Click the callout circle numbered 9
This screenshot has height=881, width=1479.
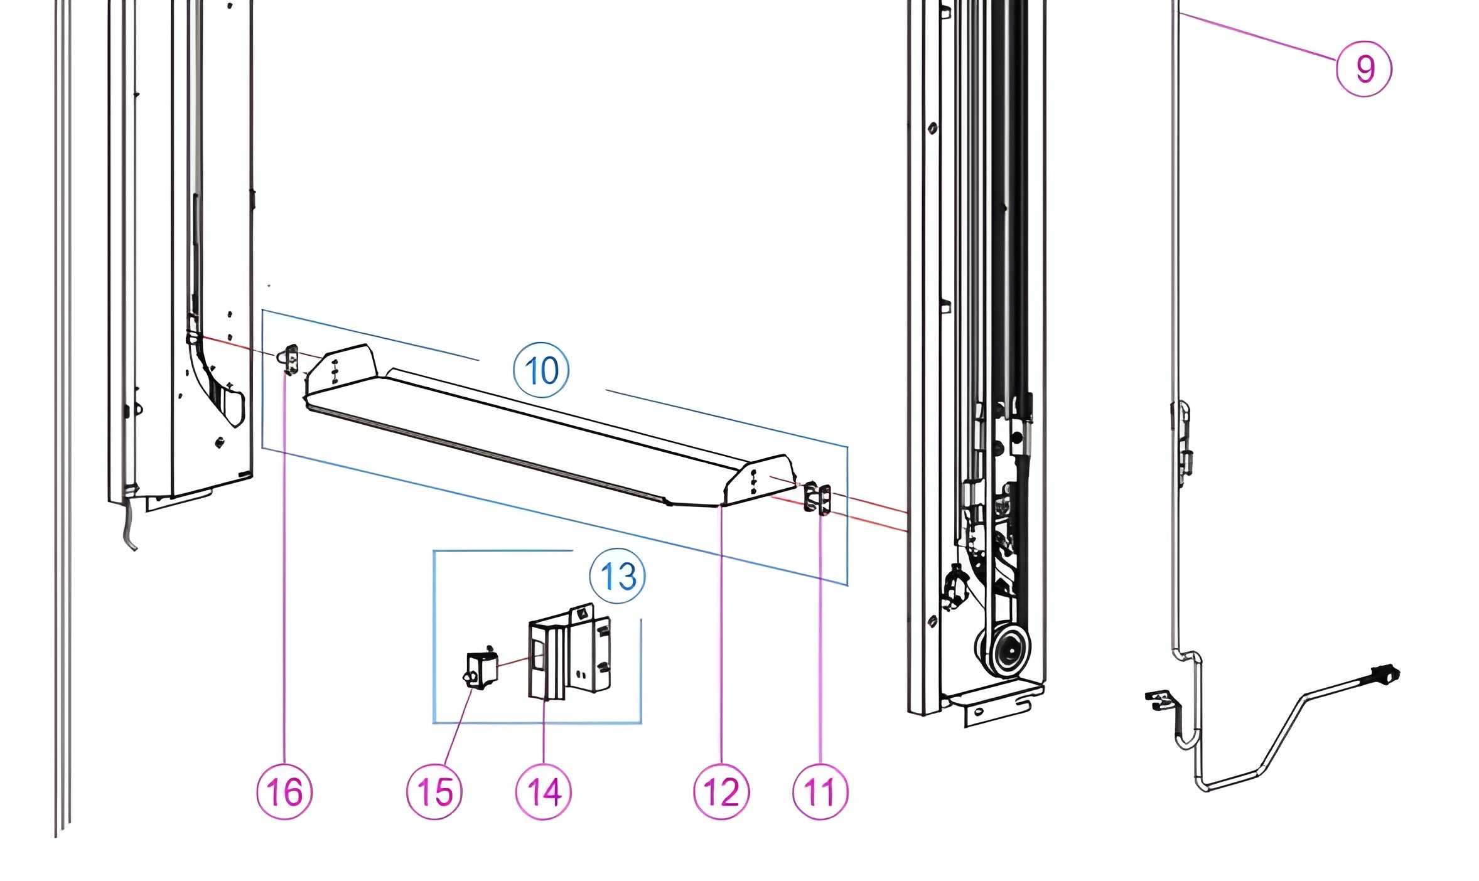coord(1363,68)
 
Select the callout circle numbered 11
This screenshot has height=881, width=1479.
coord(820,791)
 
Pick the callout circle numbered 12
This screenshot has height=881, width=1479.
coord(721,791)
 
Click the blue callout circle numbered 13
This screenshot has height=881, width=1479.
coord(618,576)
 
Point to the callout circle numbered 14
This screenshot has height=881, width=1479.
coord(544,791)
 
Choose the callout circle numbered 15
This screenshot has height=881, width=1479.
coord(434,791)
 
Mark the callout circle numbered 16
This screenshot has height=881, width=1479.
coord(284,791)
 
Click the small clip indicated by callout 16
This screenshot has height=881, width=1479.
coord(291,359)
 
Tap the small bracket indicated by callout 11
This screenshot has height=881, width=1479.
coord(818,498)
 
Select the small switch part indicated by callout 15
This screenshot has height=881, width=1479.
coord(482,670)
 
